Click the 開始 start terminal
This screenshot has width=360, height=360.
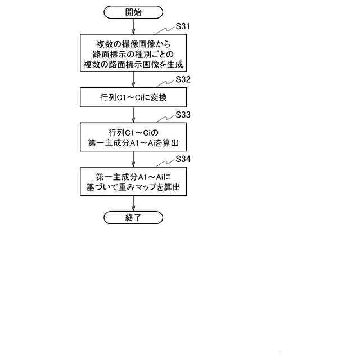click(133, 12)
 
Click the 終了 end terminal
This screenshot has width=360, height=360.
click(133, 218)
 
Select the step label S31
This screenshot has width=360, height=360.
click(183, 26)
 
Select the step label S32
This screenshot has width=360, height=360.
click(183, 79)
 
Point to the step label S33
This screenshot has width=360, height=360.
click(183, 114)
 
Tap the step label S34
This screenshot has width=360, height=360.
click(183, 159)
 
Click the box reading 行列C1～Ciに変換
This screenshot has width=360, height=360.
click(133, 97)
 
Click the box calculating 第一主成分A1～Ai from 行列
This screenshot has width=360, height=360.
click(133, 138)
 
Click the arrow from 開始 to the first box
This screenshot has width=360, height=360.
click(133, 26)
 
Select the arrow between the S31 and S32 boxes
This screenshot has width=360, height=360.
click(133, 80)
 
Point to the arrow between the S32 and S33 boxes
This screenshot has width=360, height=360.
click(133, 115)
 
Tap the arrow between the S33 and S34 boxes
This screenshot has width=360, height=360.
click(133, 159)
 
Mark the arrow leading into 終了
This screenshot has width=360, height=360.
click(133, 204)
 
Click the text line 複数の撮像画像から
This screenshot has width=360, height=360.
click(133, 43)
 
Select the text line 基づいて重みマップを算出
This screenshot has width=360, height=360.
click(133, 187)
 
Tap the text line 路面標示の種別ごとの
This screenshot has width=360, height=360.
click(133, 53)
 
